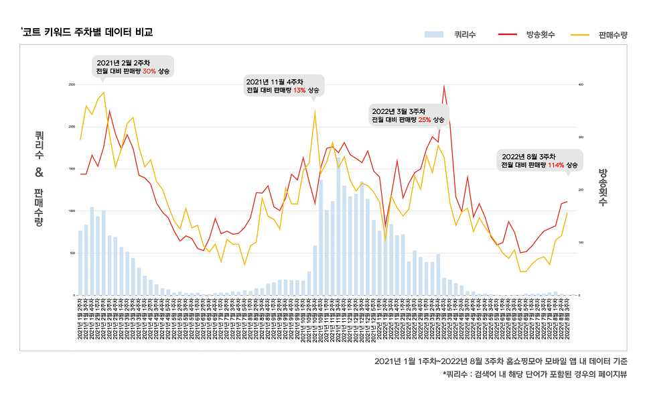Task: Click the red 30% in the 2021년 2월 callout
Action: pos(149,71)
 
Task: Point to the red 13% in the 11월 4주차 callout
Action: pos(299,91)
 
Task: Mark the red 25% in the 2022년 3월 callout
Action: pos(425,120)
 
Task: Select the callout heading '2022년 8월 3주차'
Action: pos(529,156)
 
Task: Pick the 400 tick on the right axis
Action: pos(581,84)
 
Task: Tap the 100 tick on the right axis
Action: pos(581,243)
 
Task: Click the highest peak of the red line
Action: pos(443,86)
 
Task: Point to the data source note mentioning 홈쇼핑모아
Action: pos(500,361)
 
